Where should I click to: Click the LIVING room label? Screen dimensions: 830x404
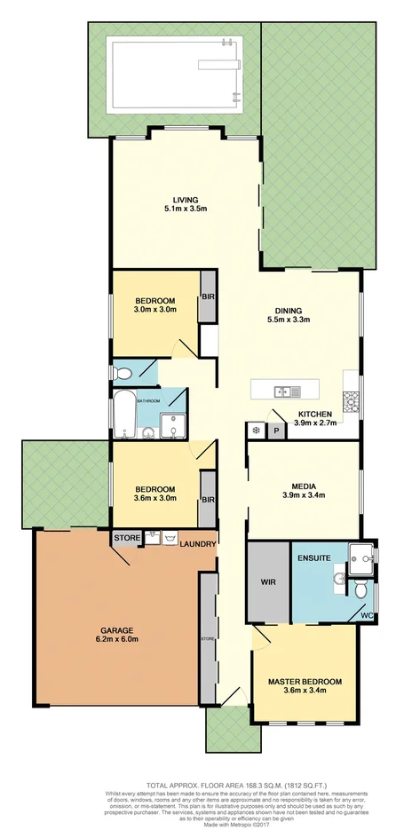186,200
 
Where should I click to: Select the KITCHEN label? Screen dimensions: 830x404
314,414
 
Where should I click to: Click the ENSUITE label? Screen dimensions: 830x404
315,557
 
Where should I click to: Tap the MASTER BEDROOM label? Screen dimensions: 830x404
305,682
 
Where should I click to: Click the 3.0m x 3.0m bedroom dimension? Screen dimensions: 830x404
155,310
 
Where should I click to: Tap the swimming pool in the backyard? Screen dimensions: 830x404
172,75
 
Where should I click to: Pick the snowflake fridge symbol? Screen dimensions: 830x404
257,431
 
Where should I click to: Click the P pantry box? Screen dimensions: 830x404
276,431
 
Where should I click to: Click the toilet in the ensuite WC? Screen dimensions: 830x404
361,589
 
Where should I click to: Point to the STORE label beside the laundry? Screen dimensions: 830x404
123,538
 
